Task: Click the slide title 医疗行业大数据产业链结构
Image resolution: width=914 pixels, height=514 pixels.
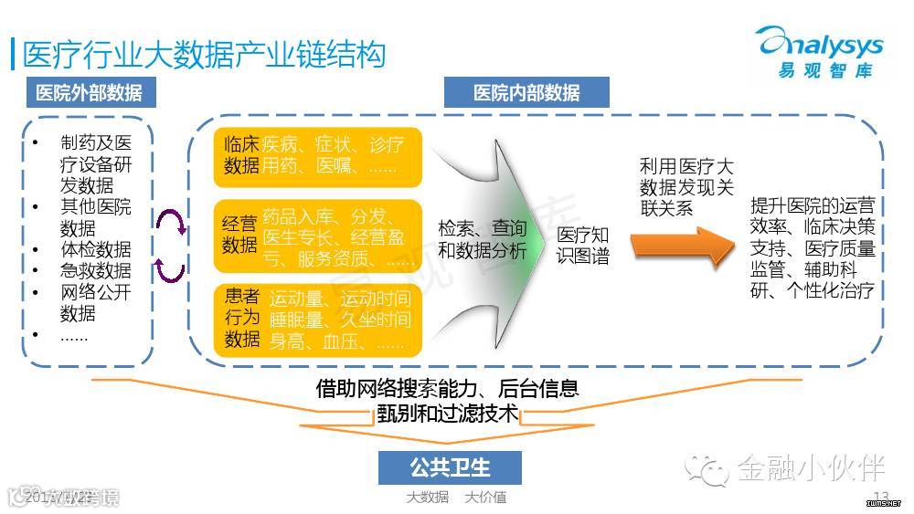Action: [x=203, y=52]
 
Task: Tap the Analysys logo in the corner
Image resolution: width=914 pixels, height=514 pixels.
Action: [x=819, y=53]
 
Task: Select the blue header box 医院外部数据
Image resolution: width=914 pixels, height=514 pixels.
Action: [x=89, y=92]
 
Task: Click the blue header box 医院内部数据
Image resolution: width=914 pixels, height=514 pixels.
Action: [x=526, y=92]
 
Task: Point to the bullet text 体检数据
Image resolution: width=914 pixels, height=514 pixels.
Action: [x=96, y=249]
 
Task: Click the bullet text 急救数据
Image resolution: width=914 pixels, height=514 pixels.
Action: [x=96, y=270]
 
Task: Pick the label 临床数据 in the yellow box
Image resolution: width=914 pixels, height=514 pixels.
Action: [x=241, y=154]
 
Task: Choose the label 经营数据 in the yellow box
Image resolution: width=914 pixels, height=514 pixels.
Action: [x=241, y=234]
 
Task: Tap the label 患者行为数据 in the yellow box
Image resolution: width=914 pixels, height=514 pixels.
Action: [x=241, y=319]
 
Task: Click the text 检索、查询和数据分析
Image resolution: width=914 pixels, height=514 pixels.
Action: [x=482, y=238]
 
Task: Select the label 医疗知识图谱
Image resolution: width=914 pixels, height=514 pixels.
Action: [x=582, y=245]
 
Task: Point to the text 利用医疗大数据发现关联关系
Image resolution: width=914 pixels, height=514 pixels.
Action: [x=685, y=187]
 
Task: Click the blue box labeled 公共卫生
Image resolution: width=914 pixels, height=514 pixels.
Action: [x=450, y=467]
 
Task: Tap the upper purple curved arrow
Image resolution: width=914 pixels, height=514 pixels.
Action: [x=171, y=221]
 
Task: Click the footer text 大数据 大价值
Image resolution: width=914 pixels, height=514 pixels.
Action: [x=456, y=498]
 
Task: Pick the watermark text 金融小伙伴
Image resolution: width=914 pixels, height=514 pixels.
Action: [x=811, y=468]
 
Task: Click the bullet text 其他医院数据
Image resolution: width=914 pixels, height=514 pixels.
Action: [x=96, y=216]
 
